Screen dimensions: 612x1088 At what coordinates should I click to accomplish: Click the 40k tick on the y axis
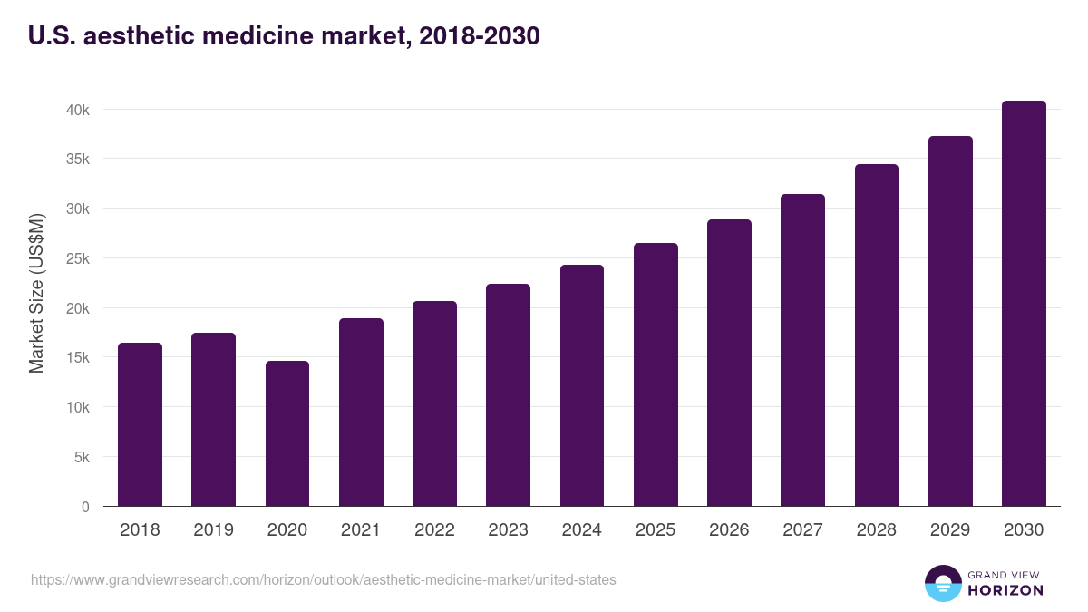pos(78,110)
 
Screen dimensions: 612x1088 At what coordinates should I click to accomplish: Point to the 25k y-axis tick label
pos(78,258)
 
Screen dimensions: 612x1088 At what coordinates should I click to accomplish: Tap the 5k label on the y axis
pos(82,457)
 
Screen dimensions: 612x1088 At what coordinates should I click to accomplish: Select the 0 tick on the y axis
pos(85,507)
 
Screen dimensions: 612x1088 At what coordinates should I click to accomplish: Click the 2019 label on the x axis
pos(213,530)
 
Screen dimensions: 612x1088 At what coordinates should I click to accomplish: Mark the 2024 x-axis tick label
pos(581,530)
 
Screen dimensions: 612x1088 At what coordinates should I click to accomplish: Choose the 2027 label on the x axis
pos(802,530)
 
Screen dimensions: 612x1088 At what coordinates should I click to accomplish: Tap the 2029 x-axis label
pos(949,530)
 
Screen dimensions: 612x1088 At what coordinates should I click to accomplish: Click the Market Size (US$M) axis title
pos(36,293)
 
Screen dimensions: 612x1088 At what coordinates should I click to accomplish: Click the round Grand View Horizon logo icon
pos(942,583)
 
